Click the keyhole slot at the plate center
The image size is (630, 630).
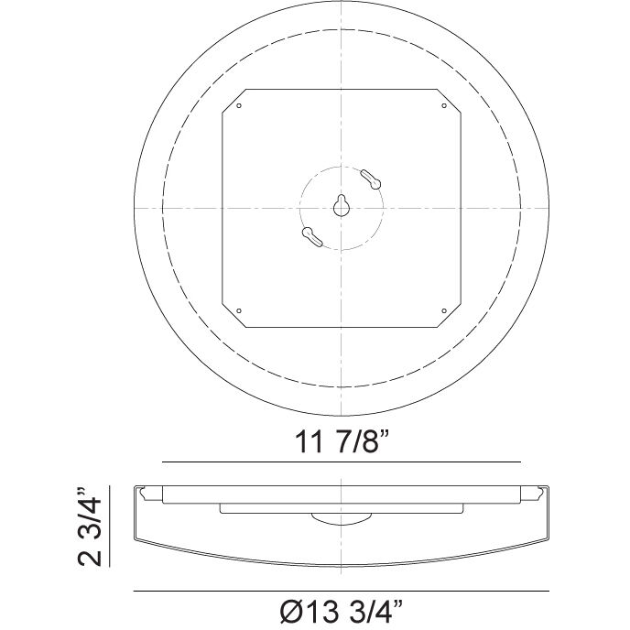(x=341, y=206)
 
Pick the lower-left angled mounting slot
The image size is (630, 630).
(x=312, y=237)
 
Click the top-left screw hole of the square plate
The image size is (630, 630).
(x=239, y=105)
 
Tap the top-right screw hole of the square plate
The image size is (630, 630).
(x=444, y=105)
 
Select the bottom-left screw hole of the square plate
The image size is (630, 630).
(x=239, y=310)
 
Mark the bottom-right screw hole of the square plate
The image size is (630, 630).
(x=444, y=310)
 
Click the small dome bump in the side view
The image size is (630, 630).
(x=341, y=520)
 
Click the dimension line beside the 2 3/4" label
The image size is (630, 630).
(x=112, y=527)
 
